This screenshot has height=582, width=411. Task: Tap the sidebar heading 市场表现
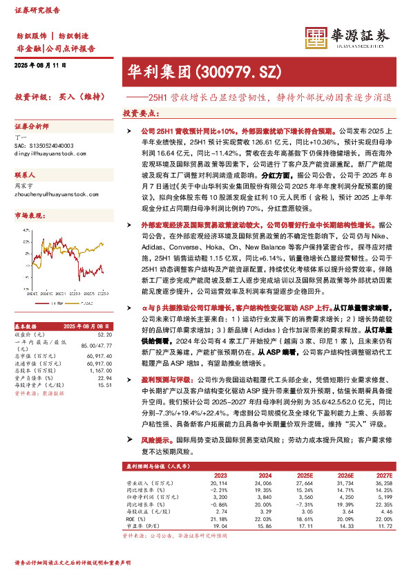pyautogui.click(x=30, y=216)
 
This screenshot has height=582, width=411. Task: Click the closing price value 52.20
pyautogui.click(x=104, y=334)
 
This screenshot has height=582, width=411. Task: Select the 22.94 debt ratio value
pyautogui.click(x=104, y=377)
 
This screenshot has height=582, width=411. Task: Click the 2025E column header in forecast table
pyautogui.click(x=304, y=475)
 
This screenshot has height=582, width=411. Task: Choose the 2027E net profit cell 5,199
pyautogui.click(x=382, y=497)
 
